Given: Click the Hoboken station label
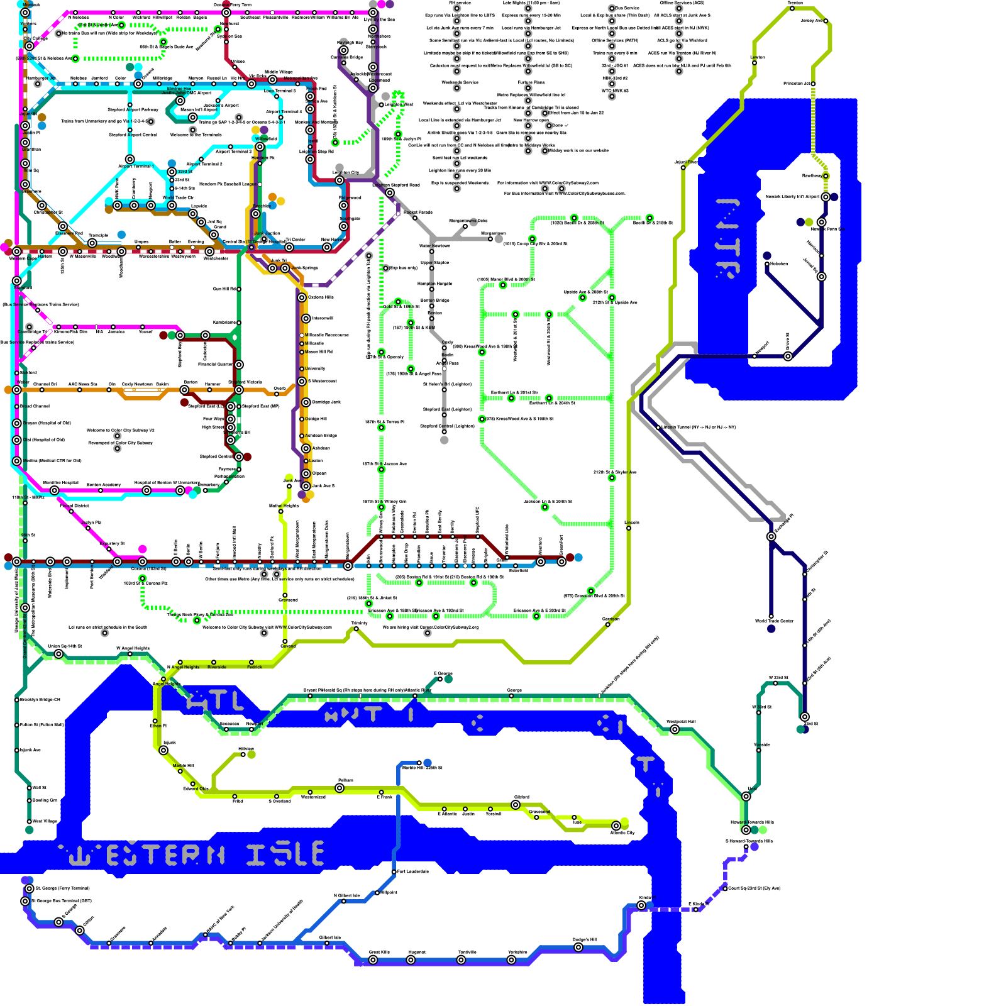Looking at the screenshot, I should pyautogui.click(x=778, y=263).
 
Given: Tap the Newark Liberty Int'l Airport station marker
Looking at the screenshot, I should pyautogui.click(x=826, y=197).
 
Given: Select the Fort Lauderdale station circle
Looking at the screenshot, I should pyautogui.click(x=394, y=872).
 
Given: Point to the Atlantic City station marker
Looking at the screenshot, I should pyautogui.click(x=616, y=826).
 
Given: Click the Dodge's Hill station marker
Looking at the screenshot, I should pyautogui.click(x=578, y=947).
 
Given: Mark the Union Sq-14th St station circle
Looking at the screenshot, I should pyautogui.click(x=58, y=654).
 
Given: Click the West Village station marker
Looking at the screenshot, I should pyautogui.click(x=29, y=821).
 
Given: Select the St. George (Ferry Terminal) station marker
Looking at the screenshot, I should pyautogui.click(x=29, y=888).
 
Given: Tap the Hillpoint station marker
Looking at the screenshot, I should pyautogui.click(x=377, y=892).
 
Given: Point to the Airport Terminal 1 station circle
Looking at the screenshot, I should pyautogui.click(x=130, y=159).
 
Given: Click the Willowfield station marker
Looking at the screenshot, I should pyautogui.click(x=260, y=146).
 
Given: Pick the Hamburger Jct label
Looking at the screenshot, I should pyautogui.click(x=41, y=79).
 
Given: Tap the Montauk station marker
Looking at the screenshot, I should pyautogui.click(x=25, y=12).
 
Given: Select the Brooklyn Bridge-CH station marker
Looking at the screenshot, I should pyautogui.click(x=17, y=700).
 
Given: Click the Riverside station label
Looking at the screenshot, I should pyautogui.click(x=217, y=667).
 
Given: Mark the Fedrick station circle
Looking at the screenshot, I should pyautogui.click(x=251, y=662).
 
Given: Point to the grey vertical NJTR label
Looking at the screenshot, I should pyautogui.click(x=728, y=239).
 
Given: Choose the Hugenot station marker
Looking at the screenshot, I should pyautogui.click(x=411, y=959).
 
